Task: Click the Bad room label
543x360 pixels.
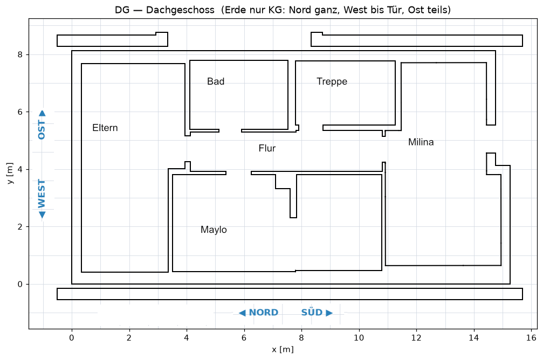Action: (216, 81)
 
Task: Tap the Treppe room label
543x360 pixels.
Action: (332, 82)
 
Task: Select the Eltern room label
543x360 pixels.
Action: (105, 128)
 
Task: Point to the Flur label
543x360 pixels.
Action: (267, 148)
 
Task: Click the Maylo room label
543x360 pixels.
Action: (214, 230)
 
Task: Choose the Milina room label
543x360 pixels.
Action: (421, 142)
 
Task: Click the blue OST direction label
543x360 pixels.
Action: (42, 130)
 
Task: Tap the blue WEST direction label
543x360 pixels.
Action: (42, 193)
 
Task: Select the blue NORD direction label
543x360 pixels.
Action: (264, 313)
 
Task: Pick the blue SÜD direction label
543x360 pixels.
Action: (312, 312)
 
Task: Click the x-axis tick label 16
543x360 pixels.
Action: (531, 338)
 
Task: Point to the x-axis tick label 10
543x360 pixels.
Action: (359, 338)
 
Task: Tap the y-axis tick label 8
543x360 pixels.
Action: (20, 54)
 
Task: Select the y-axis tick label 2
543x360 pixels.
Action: (20, 227)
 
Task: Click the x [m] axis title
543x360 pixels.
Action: (283, 350)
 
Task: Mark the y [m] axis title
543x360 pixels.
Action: (10, 173)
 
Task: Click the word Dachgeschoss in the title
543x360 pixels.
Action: (180, 10)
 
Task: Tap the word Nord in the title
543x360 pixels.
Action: (300, 10)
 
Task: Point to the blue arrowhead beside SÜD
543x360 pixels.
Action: (329, 313)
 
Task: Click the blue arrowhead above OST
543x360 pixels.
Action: (42, 113)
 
